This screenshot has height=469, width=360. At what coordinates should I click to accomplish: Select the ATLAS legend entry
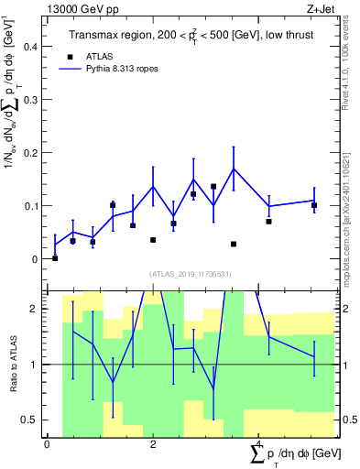tap(98, 56)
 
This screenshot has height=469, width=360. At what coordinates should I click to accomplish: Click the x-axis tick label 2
tap(153, 444)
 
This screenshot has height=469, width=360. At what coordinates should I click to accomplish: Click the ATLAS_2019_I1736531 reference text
tap(189, 273)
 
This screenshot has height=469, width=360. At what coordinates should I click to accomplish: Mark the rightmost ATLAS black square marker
tap(314, 205)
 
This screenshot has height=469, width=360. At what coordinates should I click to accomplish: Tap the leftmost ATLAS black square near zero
tap(55, 258)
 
